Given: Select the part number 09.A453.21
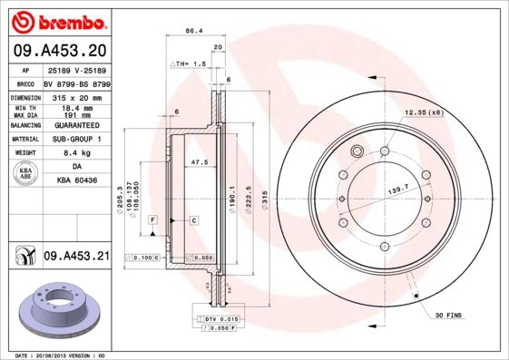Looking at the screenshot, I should pos(76,257).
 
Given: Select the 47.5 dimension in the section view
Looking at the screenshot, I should pos(200,163).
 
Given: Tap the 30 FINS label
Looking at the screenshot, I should pos(449,315).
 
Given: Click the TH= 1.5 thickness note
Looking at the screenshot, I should pos(190,65).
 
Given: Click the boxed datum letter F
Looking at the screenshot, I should pos(154,220).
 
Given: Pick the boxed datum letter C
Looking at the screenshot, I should pos(193,220).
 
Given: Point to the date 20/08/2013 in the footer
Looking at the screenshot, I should pos(61,355).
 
